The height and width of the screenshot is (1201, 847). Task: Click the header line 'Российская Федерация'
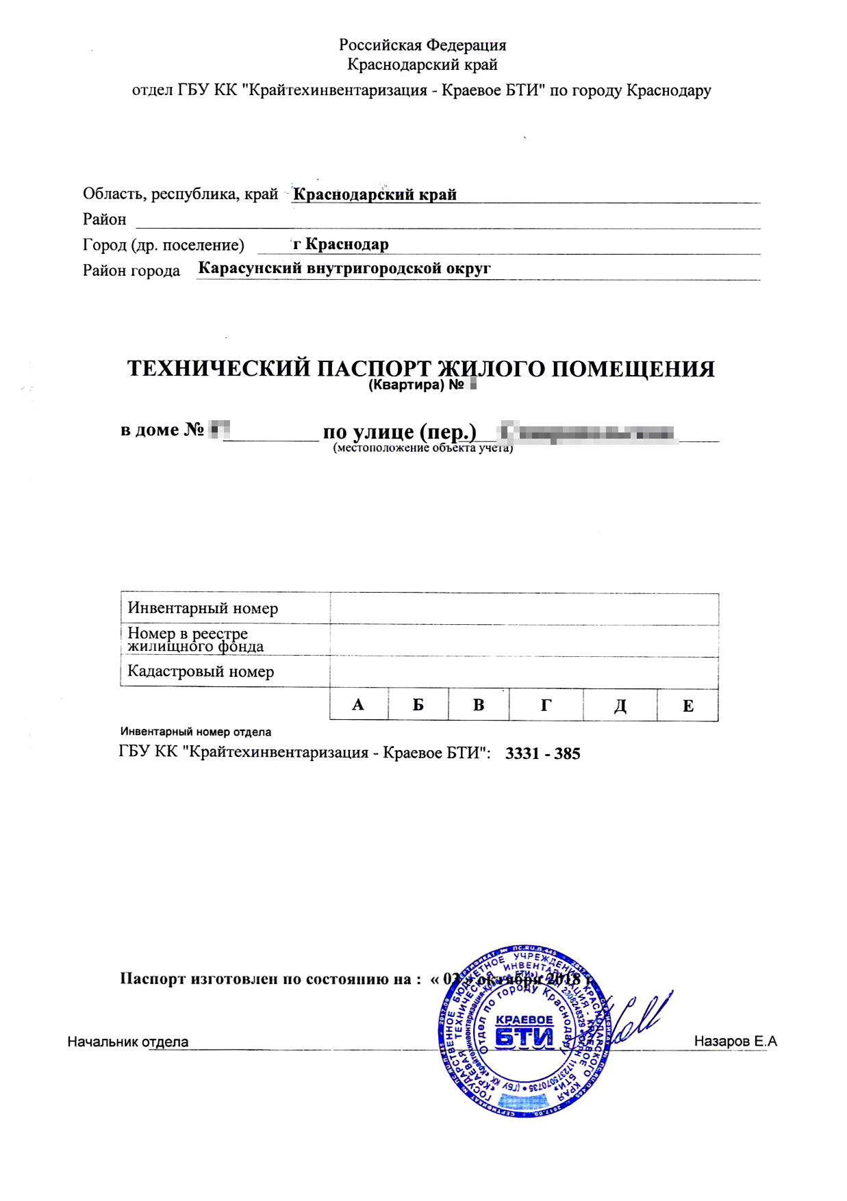[x=422, y=45]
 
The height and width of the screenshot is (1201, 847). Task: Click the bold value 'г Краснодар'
[x=340, y=244]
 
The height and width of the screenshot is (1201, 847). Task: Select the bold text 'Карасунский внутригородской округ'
[x=344, y=268]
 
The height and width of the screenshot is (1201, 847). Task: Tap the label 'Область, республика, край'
[x=180, y=194]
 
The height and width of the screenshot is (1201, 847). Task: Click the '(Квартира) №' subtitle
[x=416, y=385]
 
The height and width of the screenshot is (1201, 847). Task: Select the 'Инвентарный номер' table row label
[x=203, y=608]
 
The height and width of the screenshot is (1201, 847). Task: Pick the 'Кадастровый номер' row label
[x=201, y=672]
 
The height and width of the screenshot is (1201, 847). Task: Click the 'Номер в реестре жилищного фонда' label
[x=195, y=640]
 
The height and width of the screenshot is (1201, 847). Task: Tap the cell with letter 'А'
[x=358, y=706]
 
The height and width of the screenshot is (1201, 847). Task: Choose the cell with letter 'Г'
[x=546, y=706]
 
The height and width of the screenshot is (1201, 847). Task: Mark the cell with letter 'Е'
[x=687, y=706]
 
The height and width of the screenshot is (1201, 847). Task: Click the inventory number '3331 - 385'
[x=542, y=754]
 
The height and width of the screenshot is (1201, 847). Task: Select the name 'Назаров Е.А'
[x=735, y=1042]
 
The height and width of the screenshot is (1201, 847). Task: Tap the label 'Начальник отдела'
[x=127, y=1042]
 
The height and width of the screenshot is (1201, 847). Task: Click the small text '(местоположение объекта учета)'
[x=422, y=448]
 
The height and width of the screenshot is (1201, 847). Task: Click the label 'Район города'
[x=131, y=271]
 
